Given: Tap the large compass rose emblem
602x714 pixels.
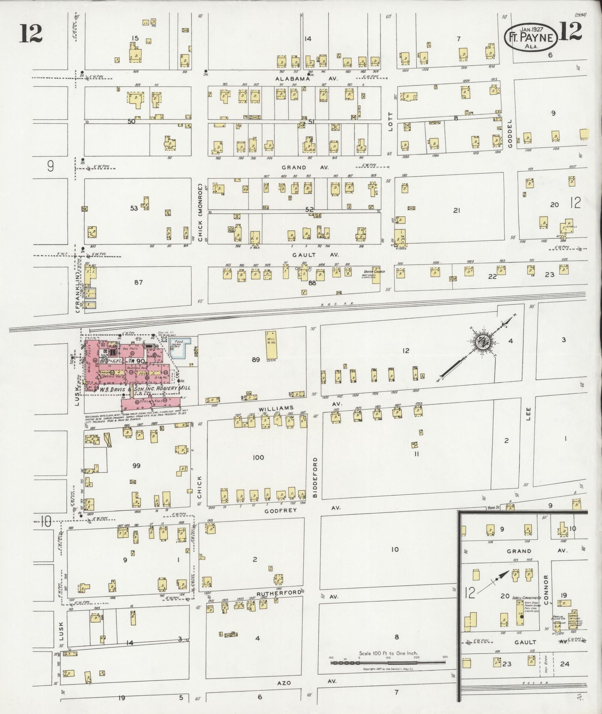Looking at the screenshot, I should tap(483, 342).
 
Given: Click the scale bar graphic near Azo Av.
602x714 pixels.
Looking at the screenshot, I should tap(388, 661).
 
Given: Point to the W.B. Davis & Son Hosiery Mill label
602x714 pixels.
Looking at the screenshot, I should tap(145, 388).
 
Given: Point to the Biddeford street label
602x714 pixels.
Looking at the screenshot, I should tap(315, 477).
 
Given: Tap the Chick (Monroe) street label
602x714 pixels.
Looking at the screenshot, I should tap(200, 213).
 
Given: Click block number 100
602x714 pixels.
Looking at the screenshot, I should tap(258, 457).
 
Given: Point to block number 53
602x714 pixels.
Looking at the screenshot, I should tap(134, 208).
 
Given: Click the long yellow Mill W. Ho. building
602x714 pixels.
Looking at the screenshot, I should tap(272, 345).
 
